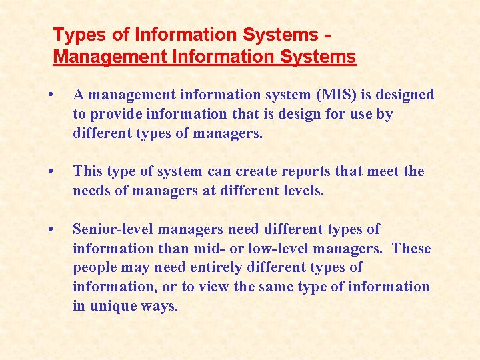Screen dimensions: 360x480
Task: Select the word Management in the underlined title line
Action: pyautogui.click(x=110, y=57)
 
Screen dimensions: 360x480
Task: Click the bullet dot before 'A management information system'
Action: pyautogui.click(x=51, y=94)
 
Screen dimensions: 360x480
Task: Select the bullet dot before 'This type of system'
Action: pyautogui.click(x=51, y=171)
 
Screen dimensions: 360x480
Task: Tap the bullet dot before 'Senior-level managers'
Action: pyautogui.click(x=51, y=229)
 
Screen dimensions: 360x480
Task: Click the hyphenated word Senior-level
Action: pyautogui.click(x=114, y=229)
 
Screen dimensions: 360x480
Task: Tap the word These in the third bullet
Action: pyautogui.click(x=412, y=249)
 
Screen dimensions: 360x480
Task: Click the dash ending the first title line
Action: pyautogui.click(x=327, y=35)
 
